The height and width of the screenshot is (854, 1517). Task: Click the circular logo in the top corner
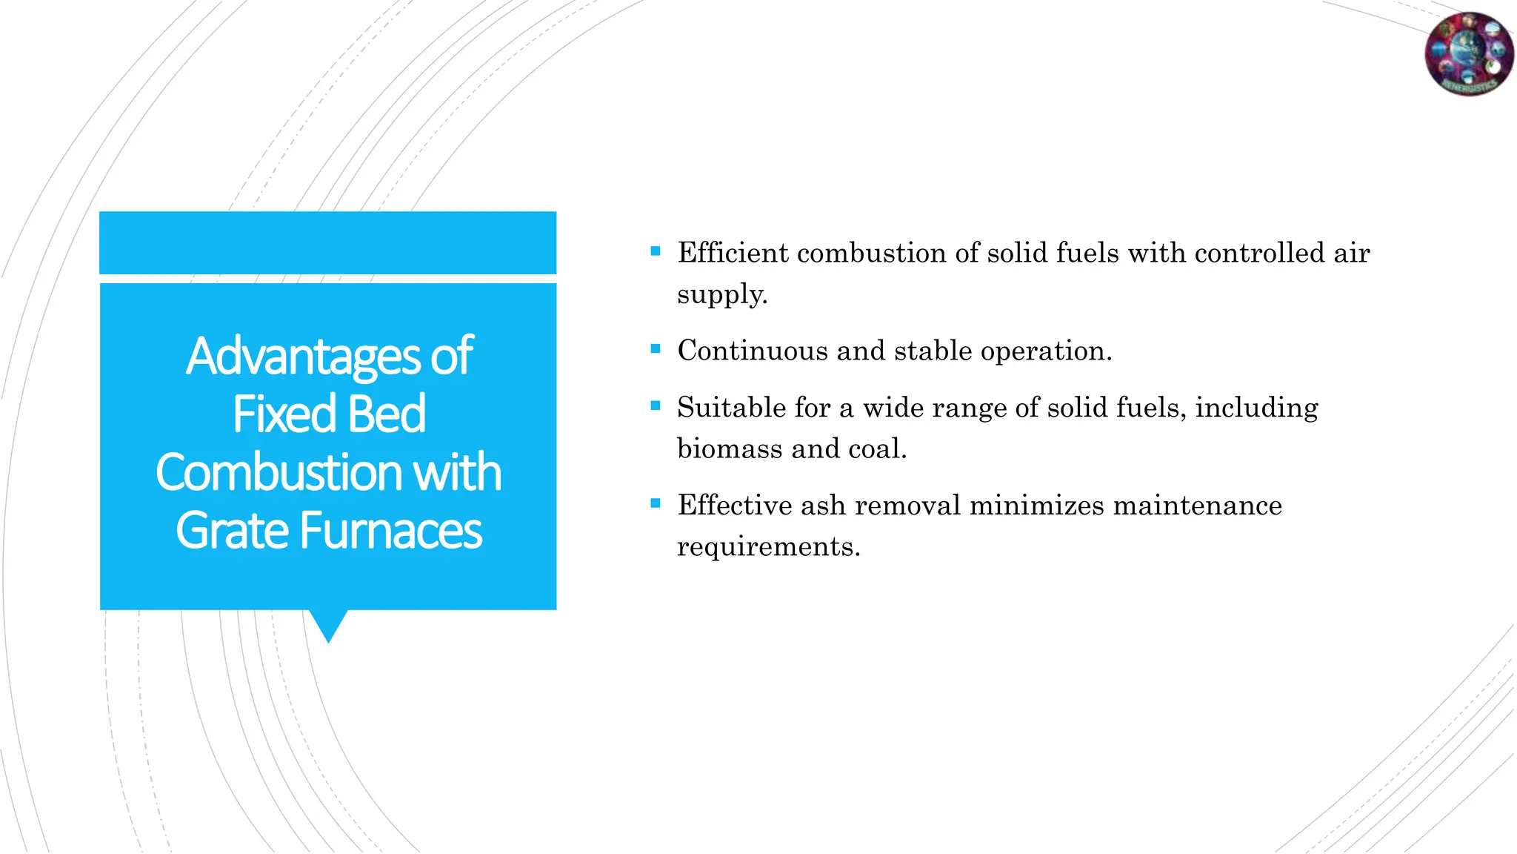click(1469, 54)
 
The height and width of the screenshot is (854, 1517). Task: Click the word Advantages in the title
click(303, 357)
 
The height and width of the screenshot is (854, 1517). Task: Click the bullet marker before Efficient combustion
click(655, 251)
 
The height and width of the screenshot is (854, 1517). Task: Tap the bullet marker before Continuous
click(655, 349)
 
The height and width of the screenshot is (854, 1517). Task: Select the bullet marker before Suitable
click(655, 406)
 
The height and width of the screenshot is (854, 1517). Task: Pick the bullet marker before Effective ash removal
click(655, 503)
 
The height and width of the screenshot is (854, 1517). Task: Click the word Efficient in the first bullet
click(733, 253)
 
